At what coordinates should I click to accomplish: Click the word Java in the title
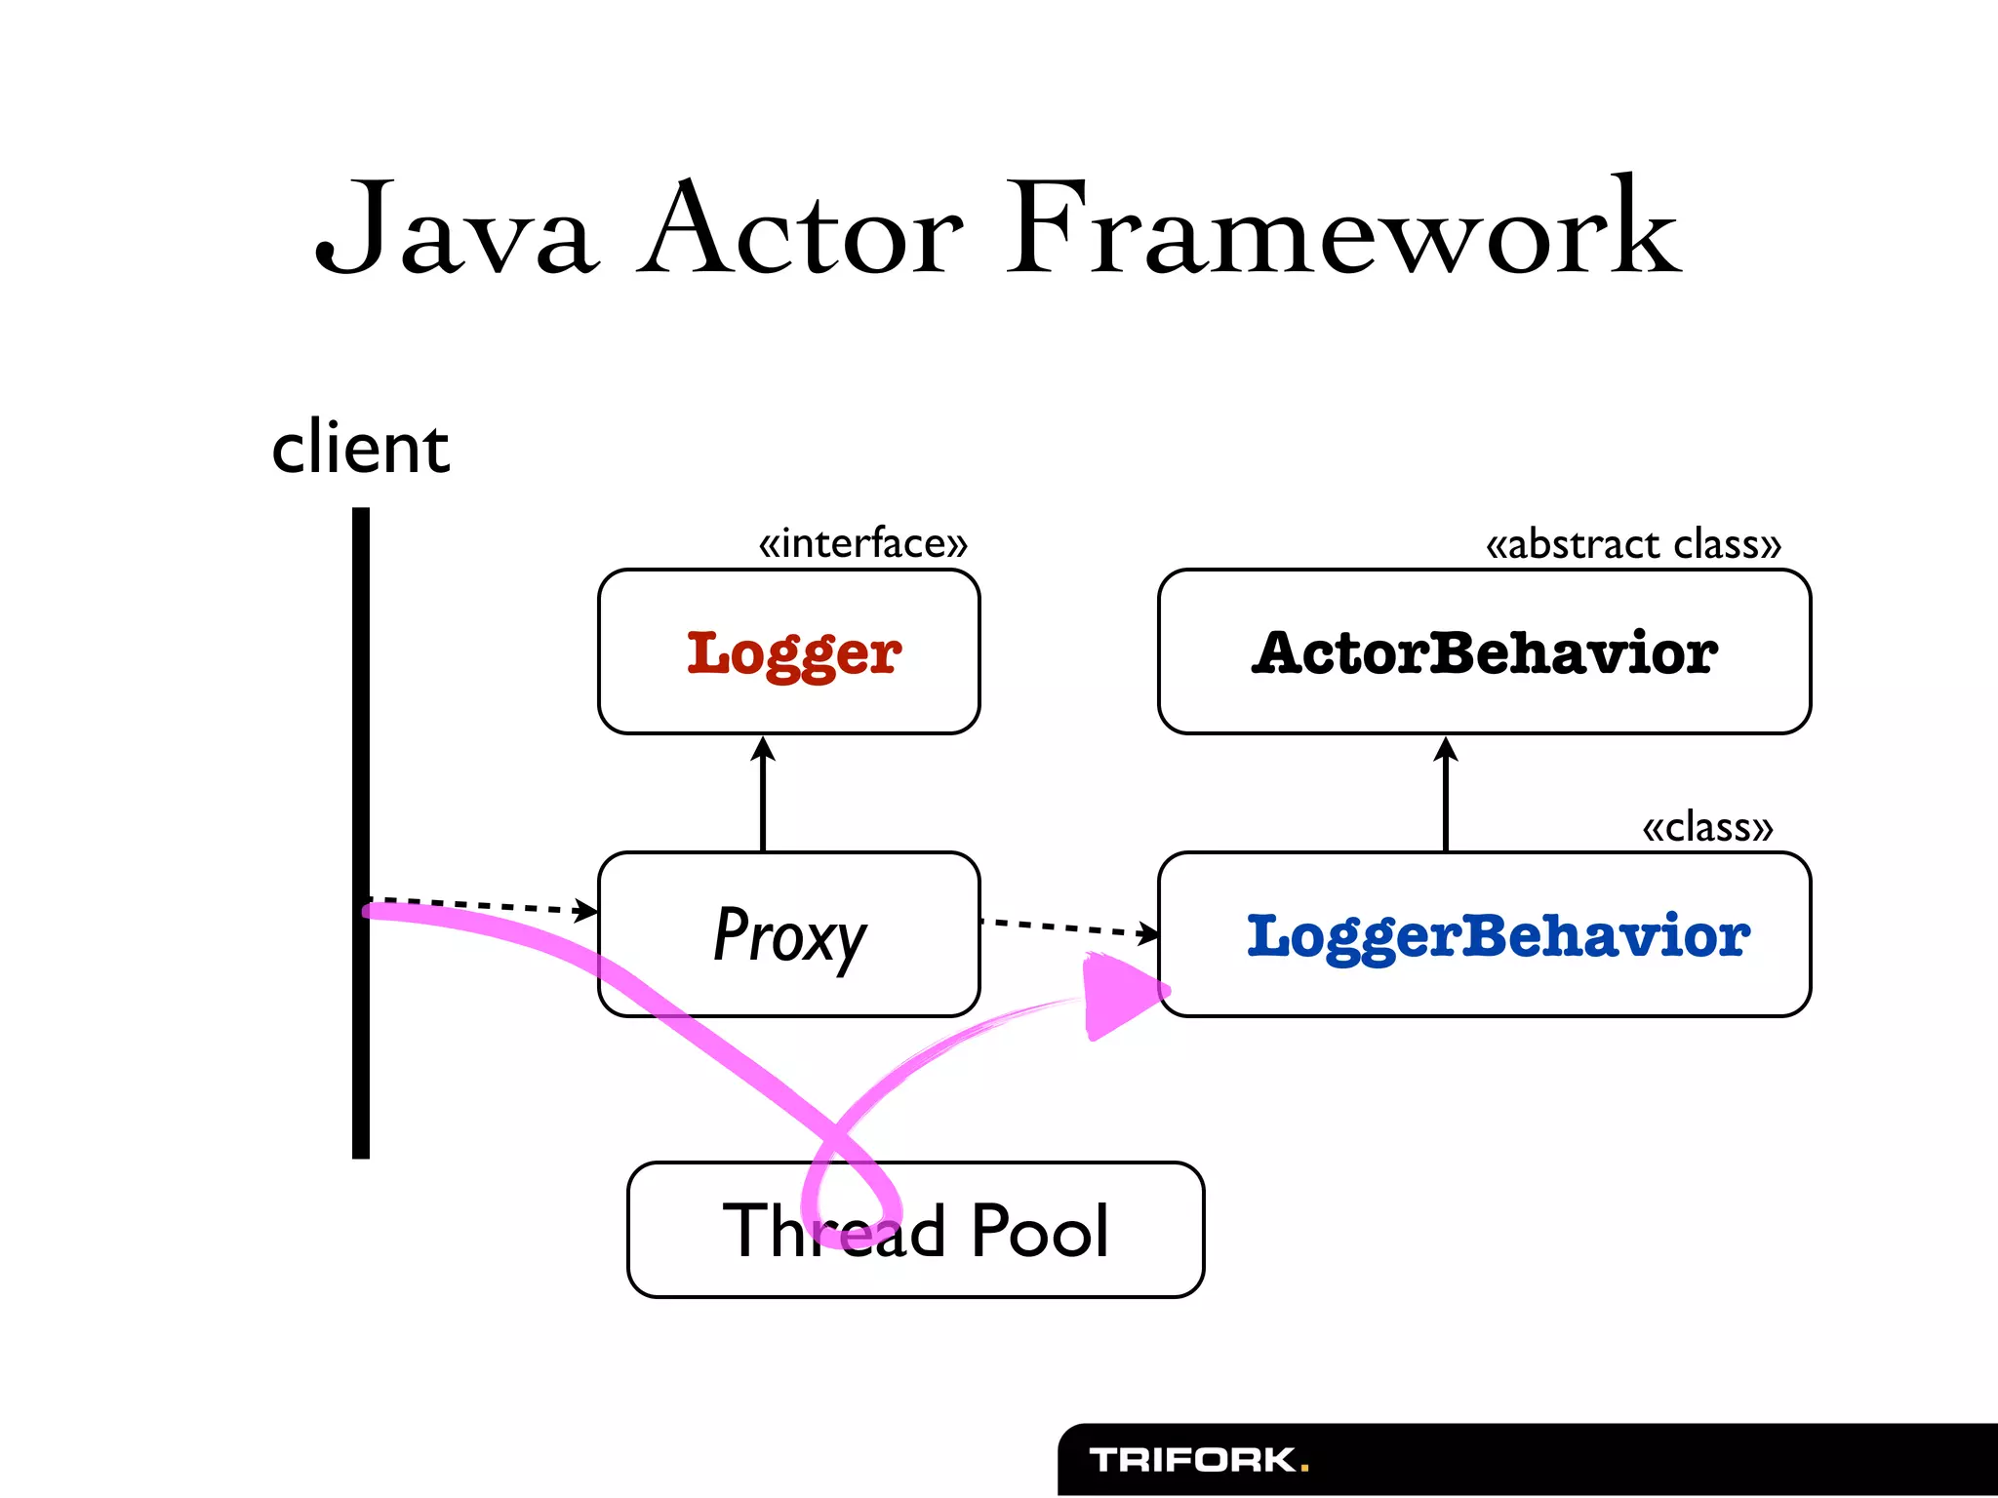[454, 229]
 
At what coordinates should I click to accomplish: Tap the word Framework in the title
[1343, 229]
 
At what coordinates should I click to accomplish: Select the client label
[360, 448]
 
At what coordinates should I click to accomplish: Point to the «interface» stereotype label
[863, 543]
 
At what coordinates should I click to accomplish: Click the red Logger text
[793, 653]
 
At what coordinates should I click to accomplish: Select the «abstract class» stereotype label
[1633, 544]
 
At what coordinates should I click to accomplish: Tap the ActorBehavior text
[1484, 652]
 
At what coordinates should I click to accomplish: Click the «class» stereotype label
[1707, 827]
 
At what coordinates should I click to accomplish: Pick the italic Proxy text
[789, 935]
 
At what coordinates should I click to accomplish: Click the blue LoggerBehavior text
[1498, 935]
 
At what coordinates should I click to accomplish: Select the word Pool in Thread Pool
[1039, 1230]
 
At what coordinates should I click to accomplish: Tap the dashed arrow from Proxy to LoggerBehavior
[1068, 926]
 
